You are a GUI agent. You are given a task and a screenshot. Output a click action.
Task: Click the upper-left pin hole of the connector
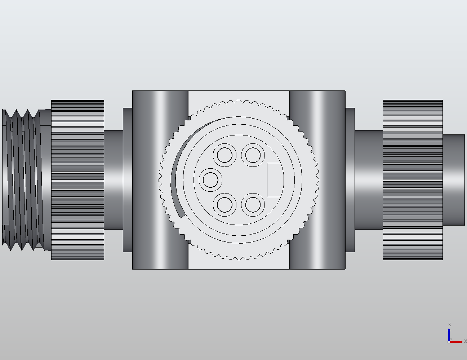pos(225,155)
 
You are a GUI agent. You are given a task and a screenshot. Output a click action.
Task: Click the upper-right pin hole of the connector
pos(253,155)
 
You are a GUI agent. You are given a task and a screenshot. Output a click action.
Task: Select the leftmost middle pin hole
pos(211,179)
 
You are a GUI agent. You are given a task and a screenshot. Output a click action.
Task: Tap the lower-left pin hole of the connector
pos(225,205)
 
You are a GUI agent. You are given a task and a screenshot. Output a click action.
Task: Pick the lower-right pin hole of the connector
pos(253,205)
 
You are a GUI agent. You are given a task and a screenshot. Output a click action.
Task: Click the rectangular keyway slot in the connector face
pos(274,180)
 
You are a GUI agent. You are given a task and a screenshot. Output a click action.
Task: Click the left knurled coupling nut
pos(77,180)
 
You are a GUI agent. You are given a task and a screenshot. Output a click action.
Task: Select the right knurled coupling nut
pos(413,180)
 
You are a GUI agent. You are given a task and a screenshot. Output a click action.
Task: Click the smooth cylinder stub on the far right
pos(454,180)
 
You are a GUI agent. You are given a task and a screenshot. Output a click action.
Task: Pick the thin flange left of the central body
pos(128,180)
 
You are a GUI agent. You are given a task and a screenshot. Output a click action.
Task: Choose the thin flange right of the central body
pos(350,180)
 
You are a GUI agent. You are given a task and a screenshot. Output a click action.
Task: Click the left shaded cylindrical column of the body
pos(160,180)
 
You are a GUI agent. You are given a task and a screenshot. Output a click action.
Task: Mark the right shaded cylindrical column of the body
pos(317,180)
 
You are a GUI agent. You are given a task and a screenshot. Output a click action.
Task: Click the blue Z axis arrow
pos(449,333)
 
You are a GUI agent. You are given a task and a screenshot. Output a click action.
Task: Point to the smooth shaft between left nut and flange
pos(114,180)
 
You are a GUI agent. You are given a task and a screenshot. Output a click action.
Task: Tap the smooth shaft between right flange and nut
pos(369,180)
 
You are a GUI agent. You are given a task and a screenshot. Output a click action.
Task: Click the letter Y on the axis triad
pos(451,339)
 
